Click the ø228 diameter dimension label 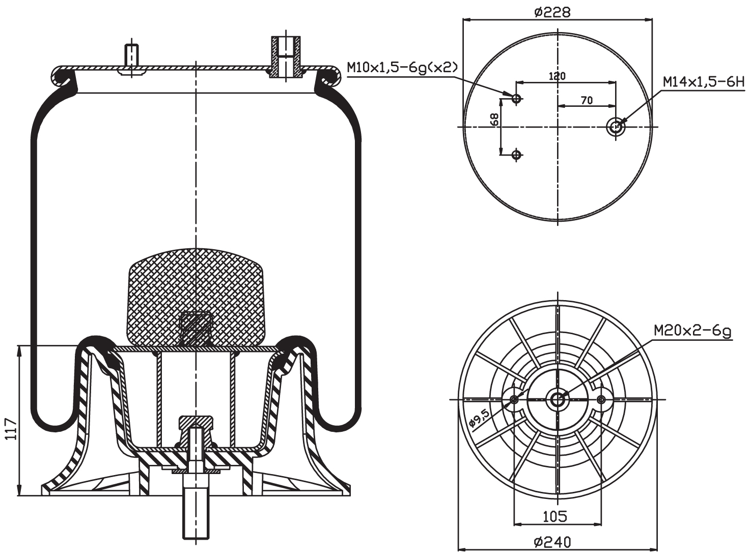coord(552,11)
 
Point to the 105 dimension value coord(554,517)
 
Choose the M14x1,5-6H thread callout coord(703,81)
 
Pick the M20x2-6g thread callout coord(692,331)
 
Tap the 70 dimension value coord(587,100)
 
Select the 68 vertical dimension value coord(494,120)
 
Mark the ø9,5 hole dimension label coord(479,419)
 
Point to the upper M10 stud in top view coord(516,99)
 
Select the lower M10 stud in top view coord(516,154)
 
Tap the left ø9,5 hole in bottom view coord(514,400)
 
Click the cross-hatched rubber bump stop coord(196,295)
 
